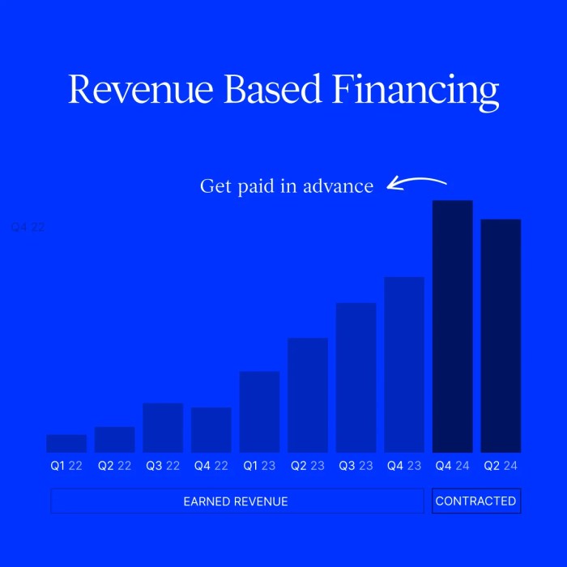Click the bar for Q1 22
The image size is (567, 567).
point(66,443)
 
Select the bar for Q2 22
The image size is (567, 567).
point(114,439)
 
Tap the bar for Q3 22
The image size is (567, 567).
point(163,428)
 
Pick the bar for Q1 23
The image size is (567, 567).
point(259,411)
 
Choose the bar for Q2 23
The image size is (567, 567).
point(308,394)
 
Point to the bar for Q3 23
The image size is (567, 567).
point(356,377)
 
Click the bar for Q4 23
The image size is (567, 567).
point(404,364)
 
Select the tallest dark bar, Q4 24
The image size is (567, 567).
point(452,326)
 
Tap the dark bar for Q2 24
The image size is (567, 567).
point(501,335)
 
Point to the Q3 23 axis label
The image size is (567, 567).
point(356,466)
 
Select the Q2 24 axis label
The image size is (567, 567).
point(501,466)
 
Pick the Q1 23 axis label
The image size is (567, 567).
point(259,466)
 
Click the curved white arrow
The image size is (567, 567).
point(416,182)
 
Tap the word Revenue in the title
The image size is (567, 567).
point(141,90)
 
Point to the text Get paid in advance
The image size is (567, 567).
point(287,186)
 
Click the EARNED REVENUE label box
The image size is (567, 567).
point(236,501)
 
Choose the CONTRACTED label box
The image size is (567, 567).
point(475,501)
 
